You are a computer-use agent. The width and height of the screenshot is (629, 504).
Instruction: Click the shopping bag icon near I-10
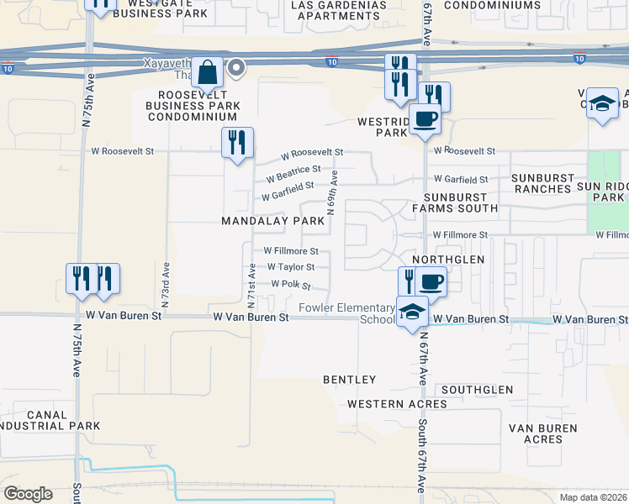[207, 73]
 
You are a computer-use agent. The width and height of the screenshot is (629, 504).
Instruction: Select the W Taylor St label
[290, 267]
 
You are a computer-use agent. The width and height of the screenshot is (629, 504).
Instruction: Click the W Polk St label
[291, 286]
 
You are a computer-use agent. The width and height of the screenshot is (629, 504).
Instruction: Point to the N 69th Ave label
[334, 194]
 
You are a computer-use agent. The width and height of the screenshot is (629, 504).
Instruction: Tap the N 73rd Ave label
[166, 286]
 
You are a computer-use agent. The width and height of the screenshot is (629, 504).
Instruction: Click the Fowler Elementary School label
[346, 313]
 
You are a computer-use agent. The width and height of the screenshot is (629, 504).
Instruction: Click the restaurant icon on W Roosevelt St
[237, 141]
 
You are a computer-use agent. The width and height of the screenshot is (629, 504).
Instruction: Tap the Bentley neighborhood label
[350, 380]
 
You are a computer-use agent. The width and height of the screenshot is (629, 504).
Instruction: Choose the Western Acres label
[398, 404]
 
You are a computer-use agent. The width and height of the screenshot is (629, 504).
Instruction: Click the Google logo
[28, 494]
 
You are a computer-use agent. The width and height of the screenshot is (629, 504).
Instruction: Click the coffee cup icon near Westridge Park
[425, 119]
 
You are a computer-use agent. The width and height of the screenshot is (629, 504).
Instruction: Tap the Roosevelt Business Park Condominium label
[193, 106]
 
